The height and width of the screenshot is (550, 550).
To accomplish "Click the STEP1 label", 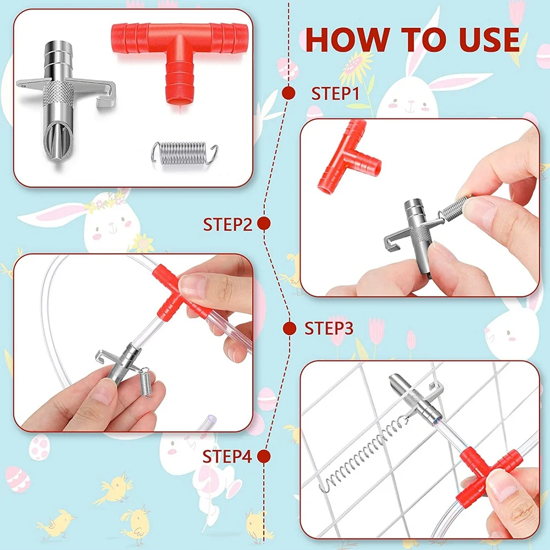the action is pos(335,93).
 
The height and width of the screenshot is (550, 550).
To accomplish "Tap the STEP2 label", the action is pos(227,224).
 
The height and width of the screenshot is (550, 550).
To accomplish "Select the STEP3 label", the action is pos(329,328).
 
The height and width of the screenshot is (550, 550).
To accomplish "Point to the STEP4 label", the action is pos(227,457).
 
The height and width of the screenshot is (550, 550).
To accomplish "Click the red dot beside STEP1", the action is pos(288,93).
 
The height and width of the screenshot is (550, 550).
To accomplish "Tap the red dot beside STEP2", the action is pos(264,224).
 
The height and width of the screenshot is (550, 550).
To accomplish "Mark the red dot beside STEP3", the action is pos(290,329).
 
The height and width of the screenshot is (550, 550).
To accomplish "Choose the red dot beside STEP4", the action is pos(264,457).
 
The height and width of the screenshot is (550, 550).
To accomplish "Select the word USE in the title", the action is pos(489,40).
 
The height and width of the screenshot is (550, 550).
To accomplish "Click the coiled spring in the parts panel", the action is pos(185,153).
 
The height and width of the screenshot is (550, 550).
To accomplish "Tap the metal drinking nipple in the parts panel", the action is pos(60,102).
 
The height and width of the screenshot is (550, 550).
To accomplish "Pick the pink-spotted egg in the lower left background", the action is pos(39,447).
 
